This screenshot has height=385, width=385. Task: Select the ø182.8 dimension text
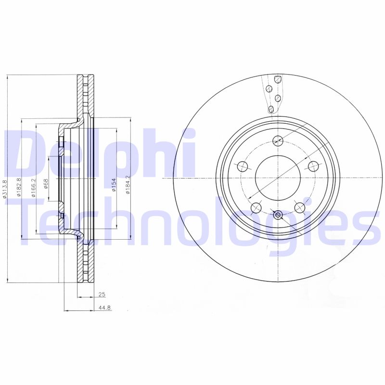point(19,187)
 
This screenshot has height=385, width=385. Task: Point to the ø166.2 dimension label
point(33,187)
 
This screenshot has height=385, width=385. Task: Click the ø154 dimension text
point(114,185)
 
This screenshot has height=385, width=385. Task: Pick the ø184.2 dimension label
point(128,186)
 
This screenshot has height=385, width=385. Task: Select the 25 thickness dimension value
point(101,294)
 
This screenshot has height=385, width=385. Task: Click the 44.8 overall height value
point(104,308)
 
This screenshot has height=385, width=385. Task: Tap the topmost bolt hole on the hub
point(278,141)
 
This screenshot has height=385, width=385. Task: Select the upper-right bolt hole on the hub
point(313,166)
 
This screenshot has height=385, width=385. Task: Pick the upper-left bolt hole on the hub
point(243,167)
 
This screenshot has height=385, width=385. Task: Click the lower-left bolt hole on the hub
point(257,208)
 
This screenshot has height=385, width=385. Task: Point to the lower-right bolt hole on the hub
point(300,207)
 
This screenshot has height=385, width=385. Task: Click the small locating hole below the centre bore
point(278,215)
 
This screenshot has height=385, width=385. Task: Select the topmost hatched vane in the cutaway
point(277,79)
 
